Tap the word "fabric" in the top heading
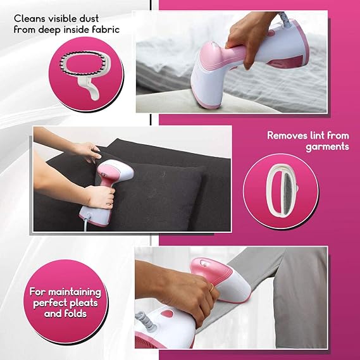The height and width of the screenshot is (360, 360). click(106, 30)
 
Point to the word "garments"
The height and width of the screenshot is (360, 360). click(327, 147)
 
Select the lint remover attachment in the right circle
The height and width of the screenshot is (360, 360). click(282, 191)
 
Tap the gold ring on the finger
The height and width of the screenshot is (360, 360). click(211, 287)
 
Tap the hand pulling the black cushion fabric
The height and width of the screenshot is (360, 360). click(89, 151)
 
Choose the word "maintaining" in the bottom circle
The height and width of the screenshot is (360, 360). click(75, 292)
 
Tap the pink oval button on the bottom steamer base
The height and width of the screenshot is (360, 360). click(167, 314)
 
